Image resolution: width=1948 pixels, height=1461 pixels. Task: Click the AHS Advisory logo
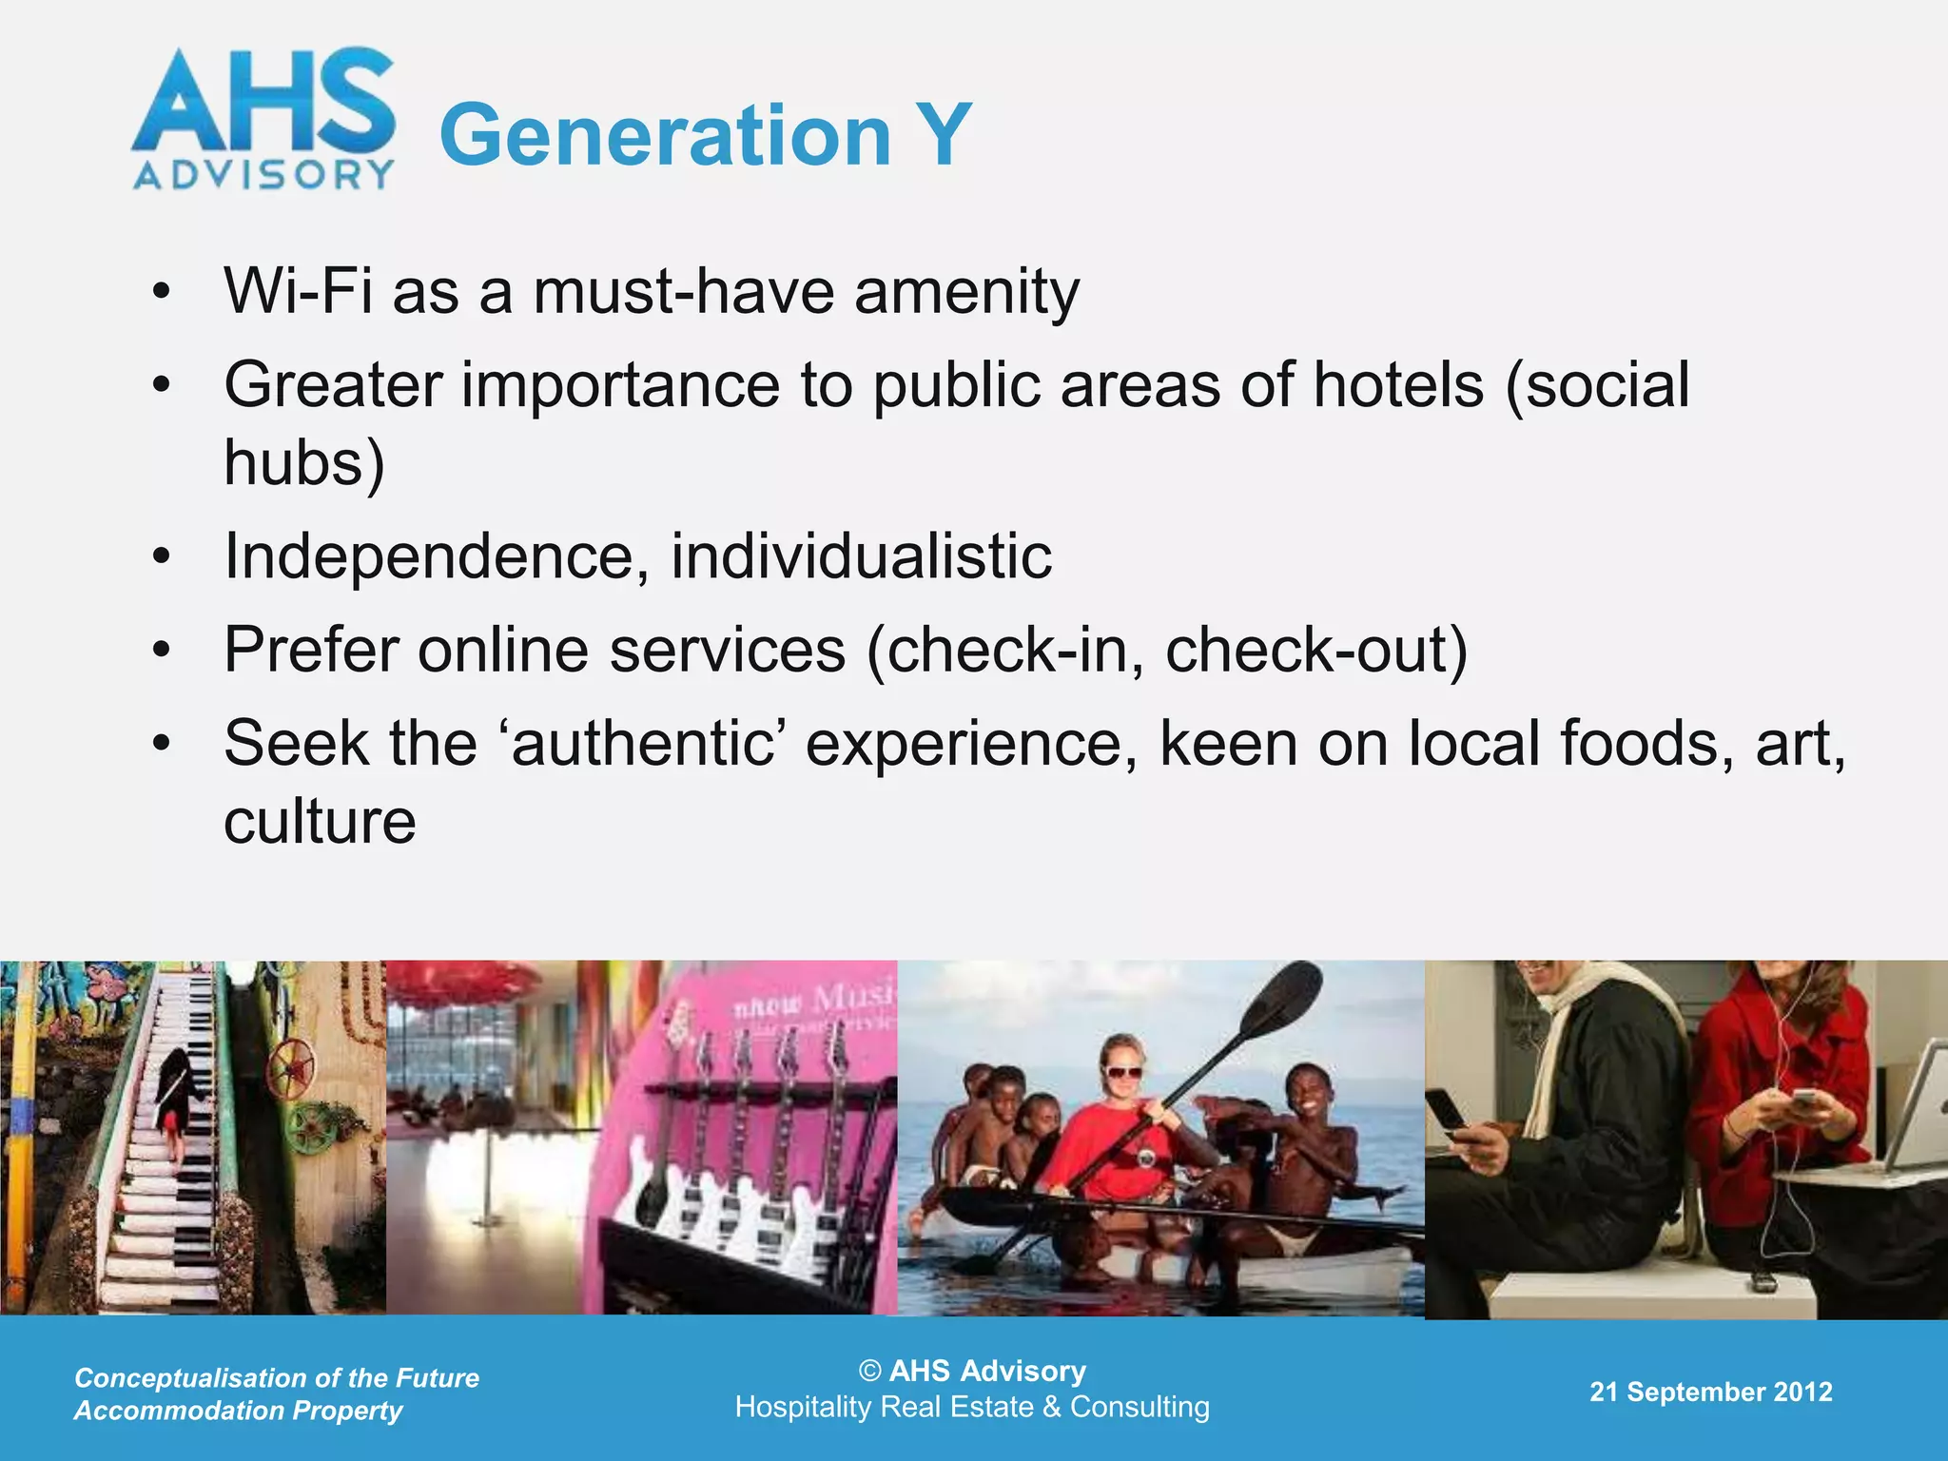(x=263, y=119)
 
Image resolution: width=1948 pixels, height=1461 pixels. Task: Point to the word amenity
(x=966, y=292)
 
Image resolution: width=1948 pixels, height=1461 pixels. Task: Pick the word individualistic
(x=861, y=555)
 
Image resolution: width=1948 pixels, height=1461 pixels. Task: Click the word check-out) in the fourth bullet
(x=1316, y=651)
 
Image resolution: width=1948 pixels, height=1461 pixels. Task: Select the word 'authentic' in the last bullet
(x=642, y=743)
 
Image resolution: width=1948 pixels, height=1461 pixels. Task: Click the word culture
(x=320, y=822)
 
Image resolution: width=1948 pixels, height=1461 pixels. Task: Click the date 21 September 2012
(x=1710, y=1392)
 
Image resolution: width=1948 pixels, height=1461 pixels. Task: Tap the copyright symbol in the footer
(x=869, y=1371)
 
